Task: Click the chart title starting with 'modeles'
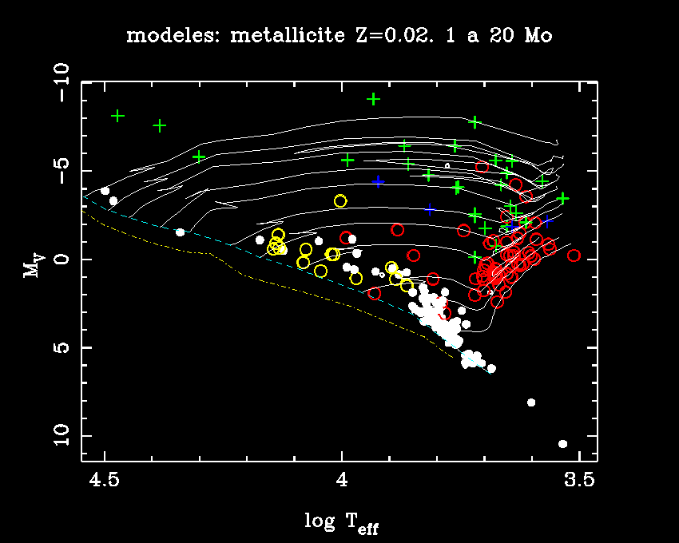339,36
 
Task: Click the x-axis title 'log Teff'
340,522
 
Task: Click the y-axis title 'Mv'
32,268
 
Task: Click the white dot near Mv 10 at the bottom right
562,444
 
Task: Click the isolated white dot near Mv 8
531,402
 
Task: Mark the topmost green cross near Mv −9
373,99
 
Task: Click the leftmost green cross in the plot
118,116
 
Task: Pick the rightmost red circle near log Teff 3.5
574,256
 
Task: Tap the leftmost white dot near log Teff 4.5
105,191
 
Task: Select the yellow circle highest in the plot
340,201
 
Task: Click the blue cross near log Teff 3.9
378,182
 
